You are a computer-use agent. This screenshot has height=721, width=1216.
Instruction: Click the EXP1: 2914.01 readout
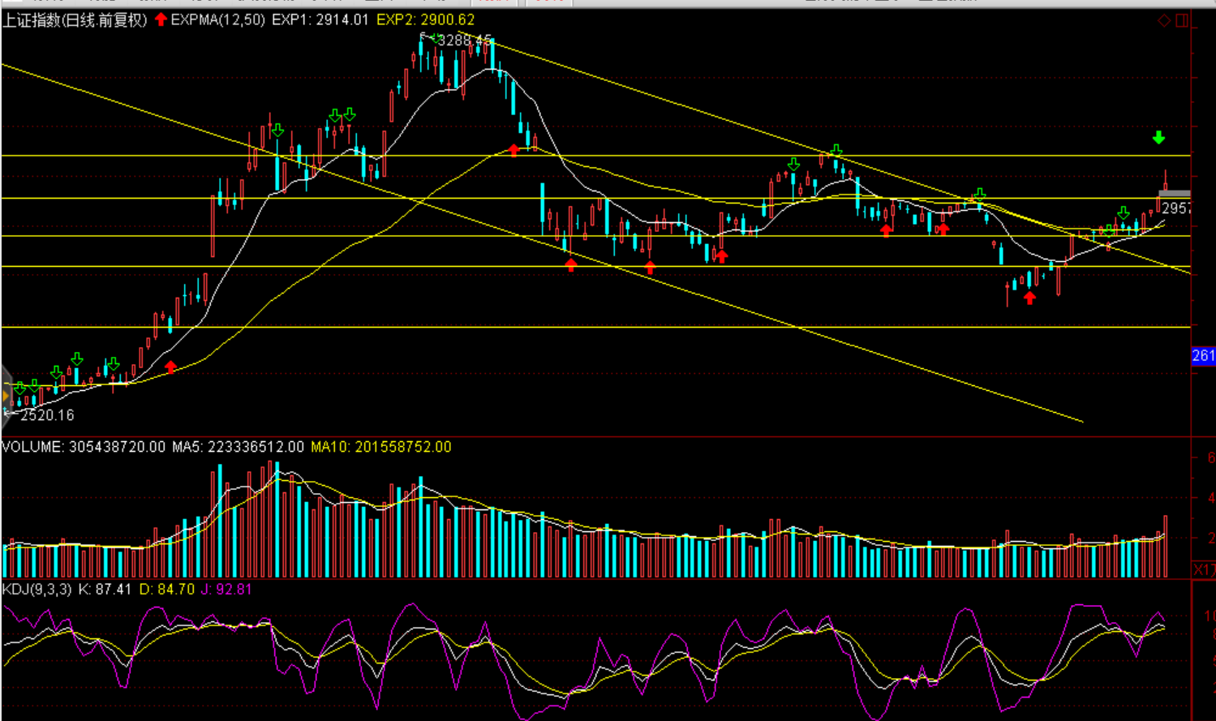tap(320, 19)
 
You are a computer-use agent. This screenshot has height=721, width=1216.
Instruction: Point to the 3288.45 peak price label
tap(464, 40)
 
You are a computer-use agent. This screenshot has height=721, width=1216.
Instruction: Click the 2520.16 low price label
tap(47, 415)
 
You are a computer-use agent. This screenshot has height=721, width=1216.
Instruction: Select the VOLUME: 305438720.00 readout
tap(84, 447)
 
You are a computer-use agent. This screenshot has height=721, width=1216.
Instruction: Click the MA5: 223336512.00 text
tap(238, 447)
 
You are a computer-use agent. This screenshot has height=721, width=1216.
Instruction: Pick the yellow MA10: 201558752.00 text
tap(380, 447)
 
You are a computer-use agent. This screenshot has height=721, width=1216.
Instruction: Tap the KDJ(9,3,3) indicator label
tap(37, 590)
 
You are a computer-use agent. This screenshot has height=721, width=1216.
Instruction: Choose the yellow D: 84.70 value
tap(166, 590)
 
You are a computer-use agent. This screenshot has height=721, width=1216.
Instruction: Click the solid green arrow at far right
tap(1158, 138)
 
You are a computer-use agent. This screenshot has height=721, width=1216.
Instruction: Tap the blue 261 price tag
tap(1203, 355)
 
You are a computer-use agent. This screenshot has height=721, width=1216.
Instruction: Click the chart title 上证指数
tap(32, 19)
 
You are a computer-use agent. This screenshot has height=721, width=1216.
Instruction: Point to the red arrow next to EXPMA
tap(161, 19)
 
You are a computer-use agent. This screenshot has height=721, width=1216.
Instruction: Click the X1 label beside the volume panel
tap(1204, 570)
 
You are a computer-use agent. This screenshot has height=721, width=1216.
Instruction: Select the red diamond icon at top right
tap(1164, 21)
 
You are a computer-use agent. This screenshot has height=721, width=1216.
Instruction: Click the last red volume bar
tap(1166, 546)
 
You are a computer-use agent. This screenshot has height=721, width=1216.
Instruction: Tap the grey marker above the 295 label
tap(1174, 194)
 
